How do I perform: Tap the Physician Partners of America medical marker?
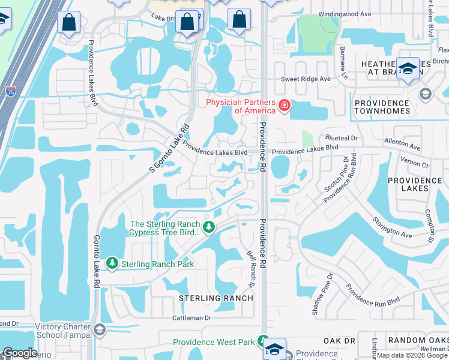point(283,107)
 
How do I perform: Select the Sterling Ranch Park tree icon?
point(112,263)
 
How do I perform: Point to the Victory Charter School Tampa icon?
point(99,331)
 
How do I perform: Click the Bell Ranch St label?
point(253,268)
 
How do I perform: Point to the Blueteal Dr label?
point(342,138)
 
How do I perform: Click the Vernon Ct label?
point(417,164)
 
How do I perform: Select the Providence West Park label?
point(214,343)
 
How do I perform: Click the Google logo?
point(20,353)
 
